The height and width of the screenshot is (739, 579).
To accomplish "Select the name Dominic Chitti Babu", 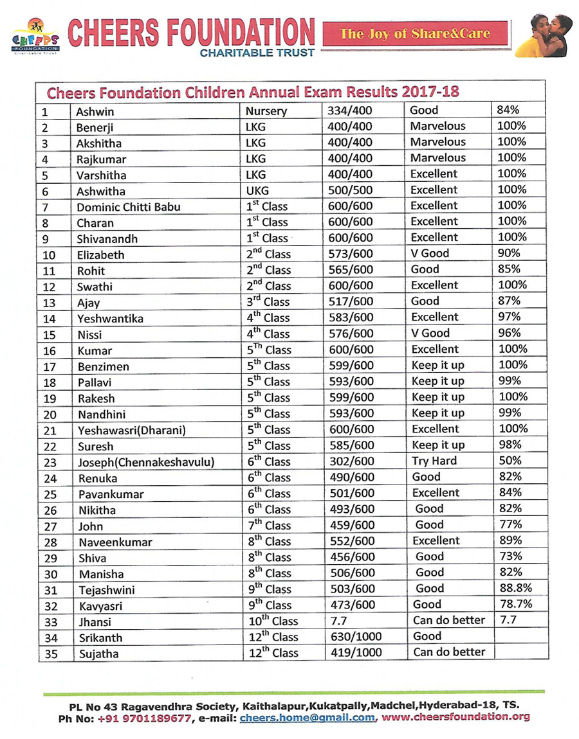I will tap(129, 207).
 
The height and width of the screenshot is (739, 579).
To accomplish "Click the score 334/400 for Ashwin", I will tap(349, 111).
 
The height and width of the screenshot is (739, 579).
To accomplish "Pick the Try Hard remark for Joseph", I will tap(434, 461).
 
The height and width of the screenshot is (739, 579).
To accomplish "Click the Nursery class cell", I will tap(266, 111).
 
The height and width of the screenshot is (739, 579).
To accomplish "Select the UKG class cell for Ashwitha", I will tap(258, 191).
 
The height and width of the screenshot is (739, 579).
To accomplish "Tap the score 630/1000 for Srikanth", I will tap(354, 637).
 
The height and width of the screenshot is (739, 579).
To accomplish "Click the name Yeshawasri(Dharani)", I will tap(132, 430).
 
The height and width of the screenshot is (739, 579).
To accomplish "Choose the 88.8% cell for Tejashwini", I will tap(516, 589).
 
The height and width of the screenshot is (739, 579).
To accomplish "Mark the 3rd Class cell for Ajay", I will tap(268, 302).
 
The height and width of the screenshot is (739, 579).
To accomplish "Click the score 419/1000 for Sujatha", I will tap(354, 654).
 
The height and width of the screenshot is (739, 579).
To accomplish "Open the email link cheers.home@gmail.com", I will tap(307, 718).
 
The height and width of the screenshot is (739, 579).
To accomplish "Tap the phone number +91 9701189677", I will tap(145, 718).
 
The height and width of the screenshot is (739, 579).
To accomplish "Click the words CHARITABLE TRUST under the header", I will tap(257, 53).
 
